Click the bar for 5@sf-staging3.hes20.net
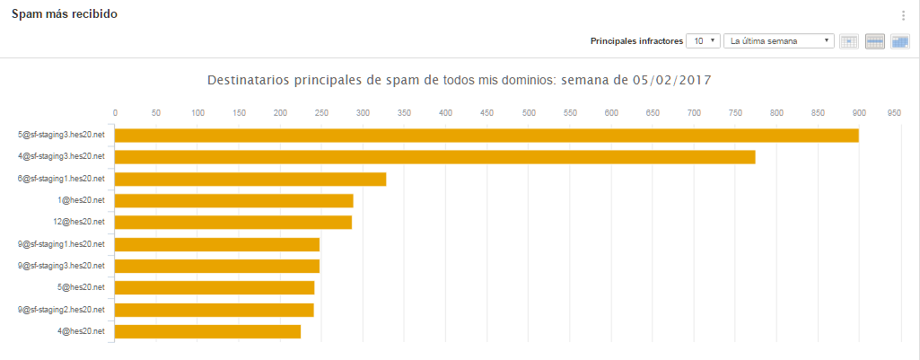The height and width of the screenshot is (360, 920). click(x=486, y=136)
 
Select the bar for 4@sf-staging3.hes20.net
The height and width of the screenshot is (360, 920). click(x=434, y=157)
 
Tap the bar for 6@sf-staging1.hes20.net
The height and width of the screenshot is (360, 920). click(x=250, y=179)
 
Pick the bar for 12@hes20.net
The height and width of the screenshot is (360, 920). click(x=233, y=222)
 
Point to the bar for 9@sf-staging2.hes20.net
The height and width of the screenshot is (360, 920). click(x=215, y=310)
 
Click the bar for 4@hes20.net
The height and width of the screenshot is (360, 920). click(x=207, y=331)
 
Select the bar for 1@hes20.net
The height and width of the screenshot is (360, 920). click(x=234, y=200)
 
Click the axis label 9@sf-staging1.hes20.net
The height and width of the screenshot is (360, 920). click(x=62, y=244)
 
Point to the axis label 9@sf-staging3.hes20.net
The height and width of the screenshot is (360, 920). click(x=62, y=266)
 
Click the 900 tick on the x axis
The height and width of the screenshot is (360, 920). click(x=859, y=113)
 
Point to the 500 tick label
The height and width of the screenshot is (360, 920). click(x=528, y=113)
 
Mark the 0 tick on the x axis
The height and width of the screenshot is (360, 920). click(x=115, y=113)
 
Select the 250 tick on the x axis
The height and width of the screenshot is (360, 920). click(x=321, y=113)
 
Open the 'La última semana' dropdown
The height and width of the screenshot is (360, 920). click(x=779, y=41)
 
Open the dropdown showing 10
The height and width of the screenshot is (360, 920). click(x=702, y=41)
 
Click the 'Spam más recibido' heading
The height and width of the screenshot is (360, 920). click(x=64, y=15)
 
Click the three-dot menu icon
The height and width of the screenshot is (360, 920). click(x=903, y=15)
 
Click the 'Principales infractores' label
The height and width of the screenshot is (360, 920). click(x=636, y=41)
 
